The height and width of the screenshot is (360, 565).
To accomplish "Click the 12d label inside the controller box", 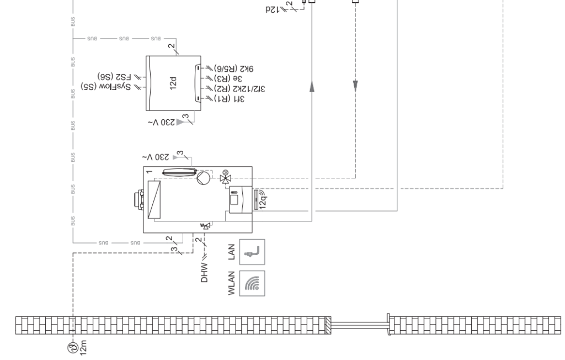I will click(174, 82).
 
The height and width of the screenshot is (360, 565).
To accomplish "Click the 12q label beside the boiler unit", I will click(260, 200).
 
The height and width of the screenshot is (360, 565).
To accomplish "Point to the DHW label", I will click(205, 273).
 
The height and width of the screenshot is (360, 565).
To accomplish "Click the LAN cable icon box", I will click(254, 252).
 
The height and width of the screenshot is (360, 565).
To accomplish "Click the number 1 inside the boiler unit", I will click(149, 173).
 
